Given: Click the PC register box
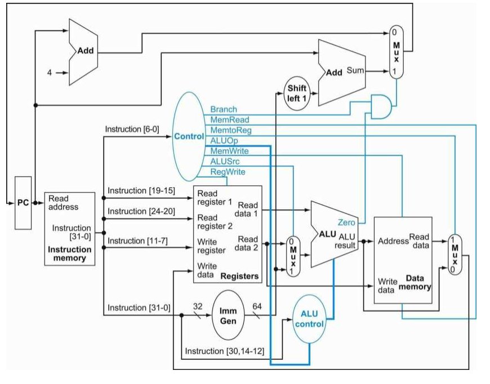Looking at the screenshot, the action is click(x=23, y=203).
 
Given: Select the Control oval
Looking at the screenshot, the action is click(x=189, y=137).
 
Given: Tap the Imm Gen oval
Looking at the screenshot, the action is click(x=228, y=315).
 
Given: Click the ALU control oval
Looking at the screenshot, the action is click(x=309, y=319).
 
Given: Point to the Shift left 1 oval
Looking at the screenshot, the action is click(x=297, y=93).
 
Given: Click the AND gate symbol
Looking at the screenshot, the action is click(x=381, y=106).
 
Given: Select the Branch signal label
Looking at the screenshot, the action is click(x=224, y=109).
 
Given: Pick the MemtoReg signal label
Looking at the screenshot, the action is click(x=231, y=130).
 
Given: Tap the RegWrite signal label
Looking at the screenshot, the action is click(x=228, y=172).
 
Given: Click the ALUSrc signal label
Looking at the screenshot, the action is click(x=225, y=162).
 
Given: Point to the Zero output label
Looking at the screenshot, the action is click(x=346, y=222).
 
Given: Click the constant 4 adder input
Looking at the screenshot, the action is click(x=50, y=73).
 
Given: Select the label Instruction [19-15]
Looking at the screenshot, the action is click(x=141, y=191).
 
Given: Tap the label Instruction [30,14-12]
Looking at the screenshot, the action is click(x=224, y=351).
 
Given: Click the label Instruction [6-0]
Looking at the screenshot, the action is click(x=132, y=129).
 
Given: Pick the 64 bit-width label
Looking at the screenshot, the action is click(x=257, y=306).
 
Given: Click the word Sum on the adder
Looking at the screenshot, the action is click(x=355, y=70).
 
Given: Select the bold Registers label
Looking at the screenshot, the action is click(x=240, y=276).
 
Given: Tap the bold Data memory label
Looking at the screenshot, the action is click(x=415, y=283).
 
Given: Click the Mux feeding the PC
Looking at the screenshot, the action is click(x=396, y=52).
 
